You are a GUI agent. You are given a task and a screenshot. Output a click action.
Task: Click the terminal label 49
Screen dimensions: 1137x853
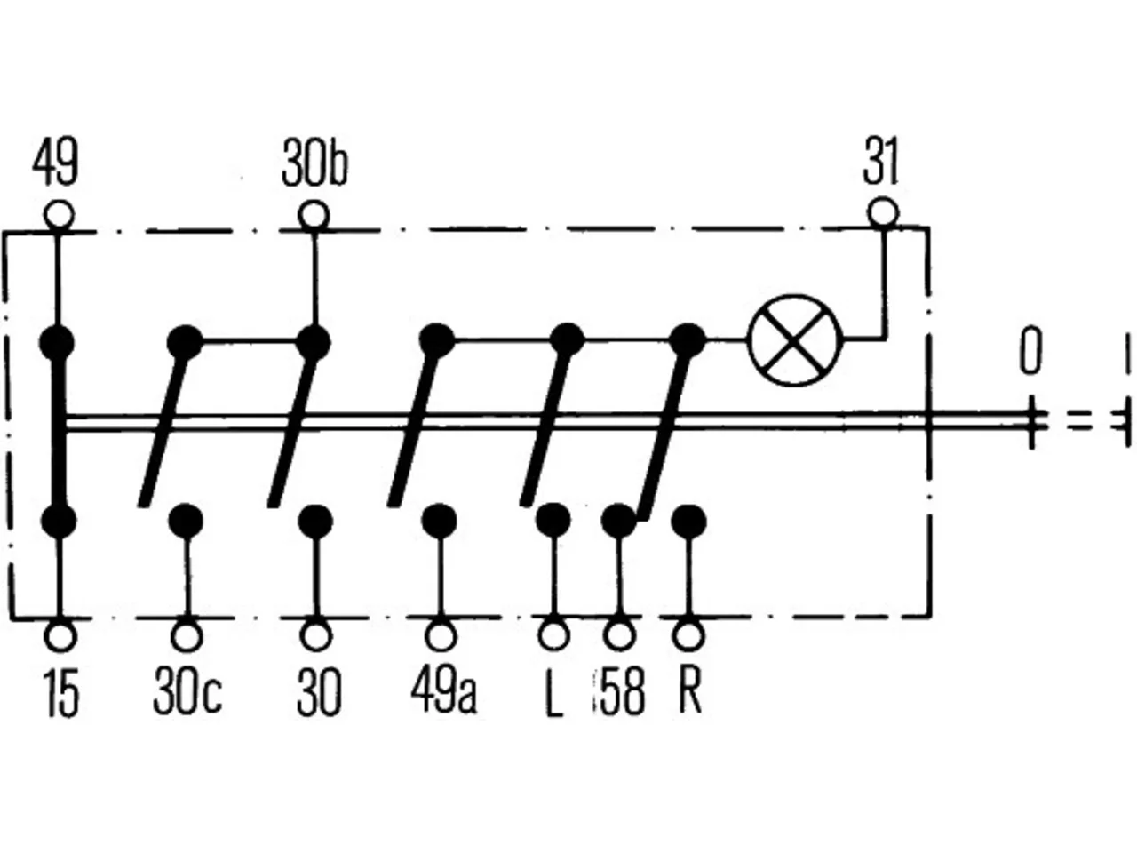[x=55, y=162]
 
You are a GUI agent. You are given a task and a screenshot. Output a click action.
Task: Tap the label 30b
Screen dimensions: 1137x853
[x=315, y=163]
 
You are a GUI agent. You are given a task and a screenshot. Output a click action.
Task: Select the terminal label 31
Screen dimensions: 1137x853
[x=880, y=161]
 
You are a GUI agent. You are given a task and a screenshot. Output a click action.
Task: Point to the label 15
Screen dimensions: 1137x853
[x=61, y=693]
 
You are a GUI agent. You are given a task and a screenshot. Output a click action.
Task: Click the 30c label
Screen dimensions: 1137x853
[x=187, y=692]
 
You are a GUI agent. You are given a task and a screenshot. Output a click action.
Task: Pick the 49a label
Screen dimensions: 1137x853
[x=444, y=691]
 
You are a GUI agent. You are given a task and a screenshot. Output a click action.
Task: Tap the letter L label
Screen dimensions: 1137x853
[x=554, y=693]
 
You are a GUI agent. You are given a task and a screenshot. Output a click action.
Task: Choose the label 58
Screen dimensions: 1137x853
[x=623, y=692]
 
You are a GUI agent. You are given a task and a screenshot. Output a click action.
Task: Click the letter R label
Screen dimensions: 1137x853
[x=690, y=691]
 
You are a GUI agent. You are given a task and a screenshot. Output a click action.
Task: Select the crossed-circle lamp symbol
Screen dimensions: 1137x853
[x=794, y=340]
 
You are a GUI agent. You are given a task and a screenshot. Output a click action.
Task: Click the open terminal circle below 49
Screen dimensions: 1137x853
[x=59, y=214]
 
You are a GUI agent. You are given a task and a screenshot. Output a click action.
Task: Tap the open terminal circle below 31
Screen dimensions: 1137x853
[x=883, y=213]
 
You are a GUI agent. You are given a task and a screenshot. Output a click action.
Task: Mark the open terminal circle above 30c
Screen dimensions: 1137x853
[x=187, y=636]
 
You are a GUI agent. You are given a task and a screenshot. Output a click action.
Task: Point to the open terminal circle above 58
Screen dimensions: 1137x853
[x=619, y=635]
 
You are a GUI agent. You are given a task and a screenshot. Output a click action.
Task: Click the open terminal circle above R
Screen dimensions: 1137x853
[x=689, y=635]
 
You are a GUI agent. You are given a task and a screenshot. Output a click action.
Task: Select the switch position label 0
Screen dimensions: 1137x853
[x=1030, y=351]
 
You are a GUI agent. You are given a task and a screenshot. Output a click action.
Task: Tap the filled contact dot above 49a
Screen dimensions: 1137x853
[x=440, y=520]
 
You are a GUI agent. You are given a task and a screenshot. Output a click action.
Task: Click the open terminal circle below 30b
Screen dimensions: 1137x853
[x=314, y=215]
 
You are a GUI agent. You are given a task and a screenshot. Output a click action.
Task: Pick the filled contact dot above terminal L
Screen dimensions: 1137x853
[x=553, y=520]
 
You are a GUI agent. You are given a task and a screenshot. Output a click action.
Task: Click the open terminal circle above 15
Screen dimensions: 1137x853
[x=61, y=636]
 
